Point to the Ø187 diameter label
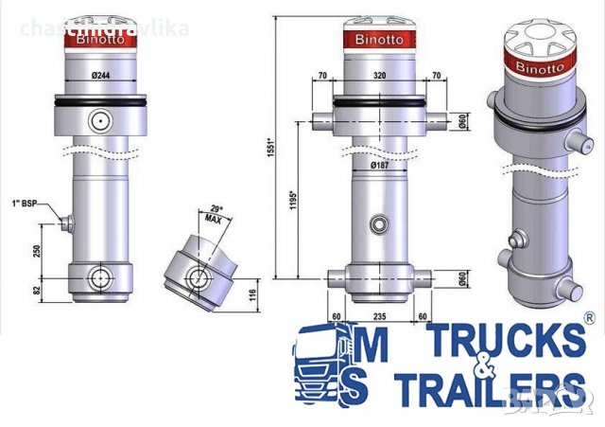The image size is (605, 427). pos(378,166)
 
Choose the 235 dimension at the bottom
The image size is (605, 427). pos(378,317)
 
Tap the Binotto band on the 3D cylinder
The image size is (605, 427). pos(542,66)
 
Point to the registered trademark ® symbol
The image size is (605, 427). pos(590,318)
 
